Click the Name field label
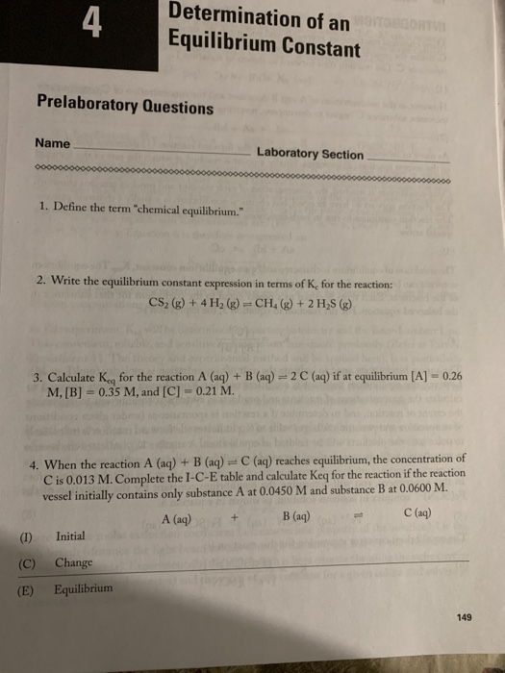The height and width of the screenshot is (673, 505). point(52,143)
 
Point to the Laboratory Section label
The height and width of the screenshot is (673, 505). point(310,154)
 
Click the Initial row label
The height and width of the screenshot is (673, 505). point(70,536)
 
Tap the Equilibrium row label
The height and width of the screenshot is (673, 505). point(83,588)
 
